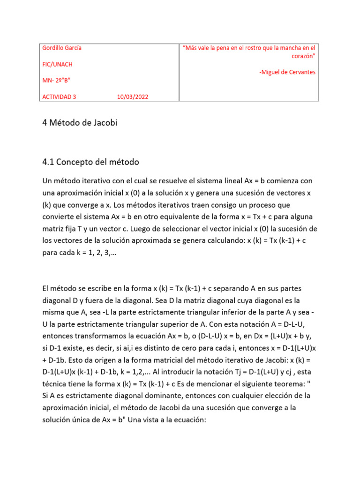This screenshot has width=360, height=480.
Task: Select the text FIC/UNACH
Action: point(57,64)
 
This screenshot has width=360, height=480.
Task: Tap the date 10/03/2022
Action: point(134,97)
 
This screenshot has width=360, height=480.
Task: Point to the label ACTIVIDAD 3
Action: point(59,97)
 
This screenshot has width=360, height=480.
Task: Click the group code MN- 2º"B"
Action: point(56,81)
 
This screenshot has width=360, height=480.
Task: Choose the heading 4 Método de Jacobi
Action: point(79,123)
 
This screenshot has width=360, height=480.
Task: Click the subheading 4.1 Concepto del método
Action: point(90,162)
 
